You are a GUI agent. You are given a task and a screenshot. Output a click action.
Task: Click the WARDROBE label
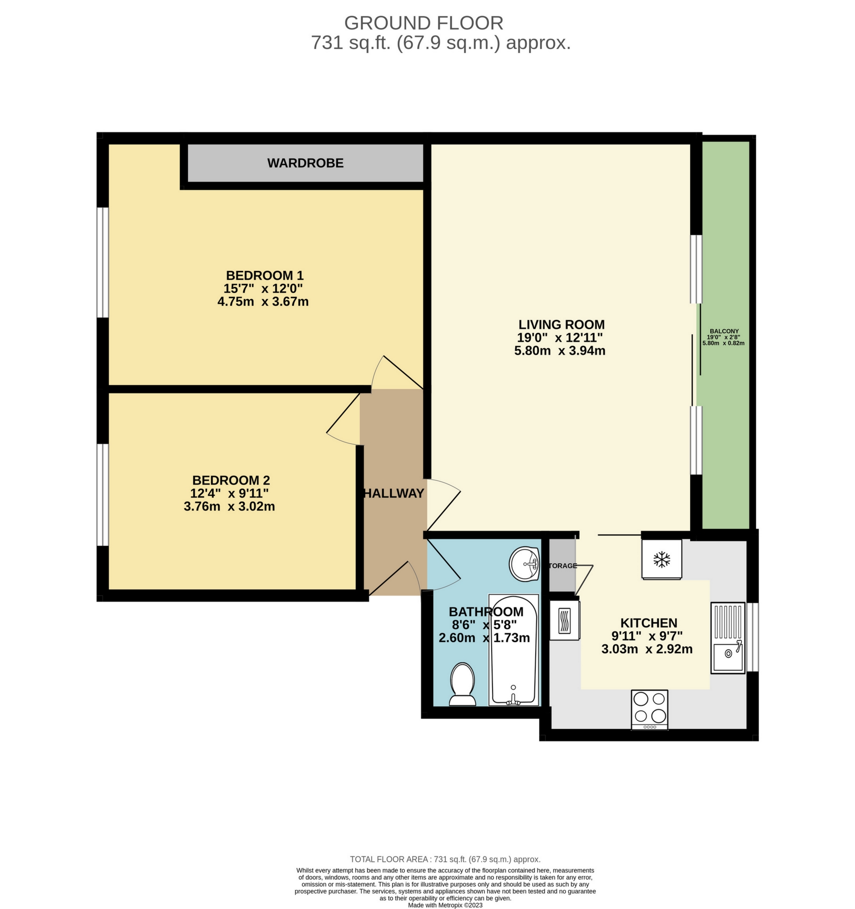[x=305, y=163]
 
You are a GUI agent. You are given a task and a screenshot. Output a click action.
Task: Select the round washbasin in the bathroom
[x=525, y=564]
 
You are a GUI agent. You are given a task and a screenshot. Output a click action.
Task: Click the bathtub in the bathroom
[x=513, y=650]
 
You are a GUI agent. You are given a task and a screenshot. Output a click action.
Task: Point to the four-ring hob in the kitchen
[x=649, y=709]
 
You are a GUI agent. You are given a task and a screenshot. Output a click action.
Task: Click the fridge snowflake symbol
[x=661, y=559]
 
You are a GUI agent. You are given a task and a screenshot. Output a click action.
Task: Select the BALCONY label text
[x=724, y=331]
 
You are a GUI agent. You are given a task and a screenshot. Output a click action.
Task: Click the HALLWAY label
[x=394, y=493]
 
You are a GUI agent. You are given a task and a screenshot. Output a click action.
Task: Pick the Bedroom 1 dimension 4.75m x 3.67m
[x=263, y=302]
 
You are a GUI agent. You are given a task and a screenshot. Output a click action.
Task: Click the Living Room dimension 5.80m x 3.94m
[x=560, y=351]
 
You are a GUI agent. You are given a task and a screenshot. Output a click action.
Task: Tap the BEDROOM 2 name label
[x=231, y=480]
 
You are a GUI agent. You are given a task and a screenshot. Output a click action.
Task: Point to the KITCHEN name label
[x=648, y=623]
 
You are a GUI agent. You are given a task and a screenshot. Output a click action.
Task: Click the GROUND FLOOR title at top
[x=423, y=23]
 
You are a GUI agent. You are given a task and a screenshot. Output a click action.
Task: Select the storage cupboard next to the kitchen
[x=562, y=566]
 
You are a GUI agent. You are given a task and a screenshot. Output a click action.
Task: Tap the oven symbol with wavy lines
[x=565, y=620]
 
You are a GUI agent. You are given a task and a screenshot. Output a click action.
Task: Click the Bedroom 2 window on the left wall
[x=103, y=494]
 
